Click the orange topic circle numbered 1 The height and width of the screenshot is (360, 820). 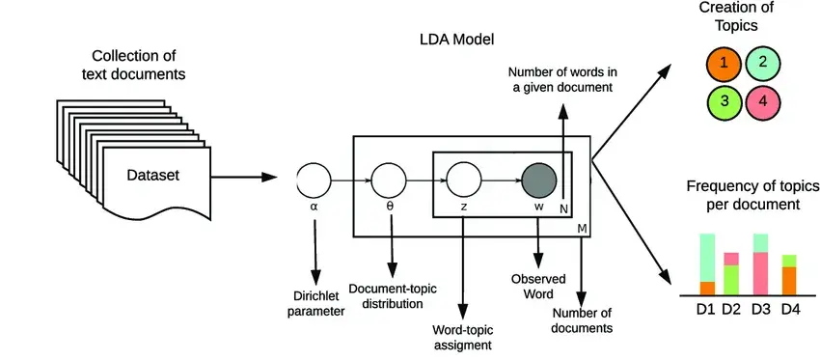point(724,64)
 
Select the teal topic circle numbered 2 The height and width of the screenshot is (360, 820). point(762,64)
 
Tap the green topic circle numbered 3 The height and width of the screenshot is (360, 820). point(724,101)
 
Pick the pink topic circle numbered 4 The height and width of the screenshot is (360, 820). point(762,101)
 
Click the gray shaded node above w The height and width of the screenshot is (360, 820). point(538,181)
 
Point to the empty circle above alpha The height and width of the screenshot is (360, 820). point(314,181)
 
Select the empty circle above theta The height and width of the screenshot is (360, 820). point(389,181)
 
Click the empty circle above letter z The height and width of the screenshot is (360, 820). point(463,181)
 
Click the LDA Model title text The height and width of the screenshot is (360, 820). point(457,40)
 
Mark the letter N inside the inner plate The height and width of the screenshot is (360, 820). point(563,208)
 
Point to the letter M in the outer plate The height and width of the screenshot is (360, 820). point(582,229)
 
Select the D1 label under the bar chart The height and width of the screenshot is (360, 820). point(705,310)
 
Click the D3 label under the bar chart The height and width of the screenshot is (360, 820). point(761,310)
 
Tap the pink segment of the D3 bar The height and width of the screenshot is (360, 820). point(760,274)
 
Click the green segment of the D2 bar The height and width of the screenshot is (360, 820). point(731,281)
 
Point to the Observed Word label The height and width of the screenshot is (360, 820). point(533,287)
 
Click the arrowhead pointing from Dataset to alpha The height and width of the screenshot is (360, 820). point(269,178)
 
